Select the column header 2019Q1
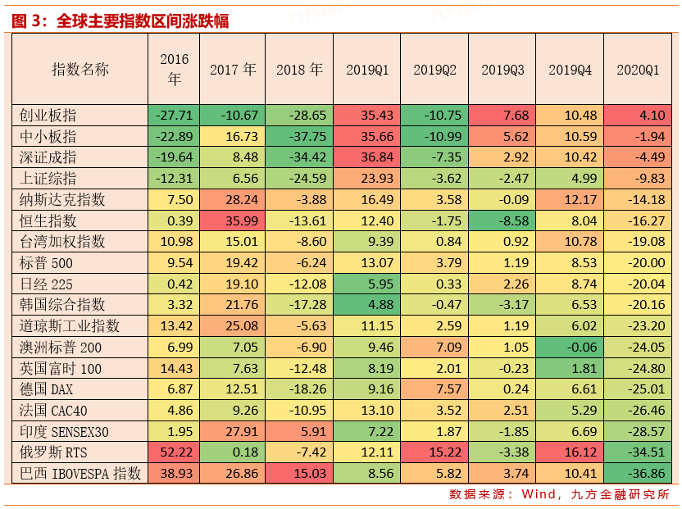click(366, 70)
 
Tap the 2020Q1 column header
click(638, 70)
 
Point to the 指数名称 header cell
click(80, 70)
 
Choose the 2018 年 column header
click(300, 70)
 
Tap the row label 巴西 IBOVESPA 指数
click(80, 473)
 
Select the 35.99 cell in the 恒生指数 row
click(234, 220)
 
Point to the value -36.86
click(638, 473)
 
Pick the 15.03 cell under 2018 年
click(300, 473)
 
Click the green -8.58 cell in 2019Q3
click(502, 220)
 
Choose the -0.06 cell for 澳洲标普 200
click(570, 347)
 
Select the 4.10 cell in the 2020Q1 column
click(638, 115)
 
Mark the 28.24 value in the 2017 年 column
click(234, 199)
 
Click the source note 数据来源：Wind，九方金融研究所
click(559, 494)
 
